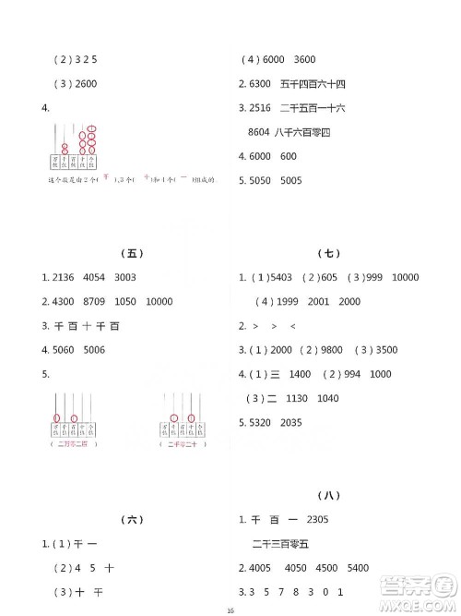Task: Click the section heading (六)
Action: coord(133,521)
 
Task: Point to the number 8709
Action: coord(97,301)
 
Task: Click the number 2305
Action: coord(321,519)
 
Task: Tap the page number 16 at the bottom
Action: coord(230,609)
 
